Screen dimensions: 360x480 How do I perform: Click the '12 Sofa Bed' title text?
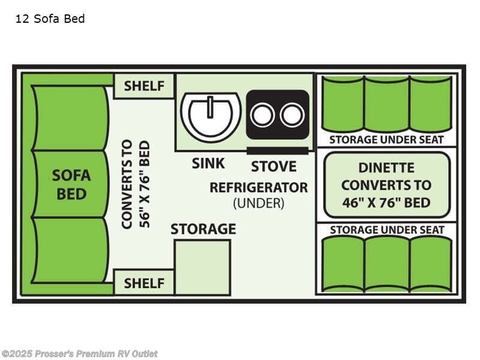tap(50, 19)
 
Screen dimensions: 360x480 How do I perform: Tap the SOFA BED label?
tap(71, 184)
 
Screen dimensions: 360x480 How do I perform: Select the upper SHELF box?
tap(144, 86)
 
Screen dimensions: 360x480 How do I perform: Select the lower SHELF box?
tap(144, 283)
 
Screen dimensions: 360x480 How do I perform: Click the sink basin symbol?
tap(211, 115)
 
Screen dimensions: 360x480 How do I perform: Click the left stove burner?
tap(263, 115)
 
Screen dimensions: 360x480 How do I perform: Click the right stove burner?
tap(292, 115)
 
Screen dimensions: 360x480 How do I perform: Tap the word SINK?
tap(208, 163)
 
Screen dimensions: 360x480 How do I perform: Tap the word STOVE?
tap(274, 166)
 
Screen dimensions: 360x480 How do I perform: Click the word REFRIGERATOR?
tap(259, 187)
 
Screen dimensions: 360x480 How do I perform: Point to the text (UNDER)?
tap(259, 203)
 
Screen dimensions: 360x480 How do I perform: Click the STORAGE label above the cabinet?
tap(203, 229)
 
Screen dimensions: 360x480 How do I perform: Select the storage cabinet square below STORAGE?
tap(203, 267)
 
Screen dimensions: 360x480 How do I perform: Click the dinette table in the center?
tap(386, 184)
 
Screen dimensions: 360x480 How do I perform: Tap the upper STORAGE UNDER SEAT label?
tap(386, 140)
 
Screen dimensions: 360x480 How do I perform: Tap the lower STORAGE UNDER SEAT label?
tap(386, 230)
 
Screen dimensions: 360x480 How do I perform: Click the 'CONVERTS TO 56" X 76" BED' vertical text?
tap(136, 184)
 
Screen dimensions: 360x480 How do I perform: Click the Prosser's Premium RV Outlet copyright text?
tap(79, 353)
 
